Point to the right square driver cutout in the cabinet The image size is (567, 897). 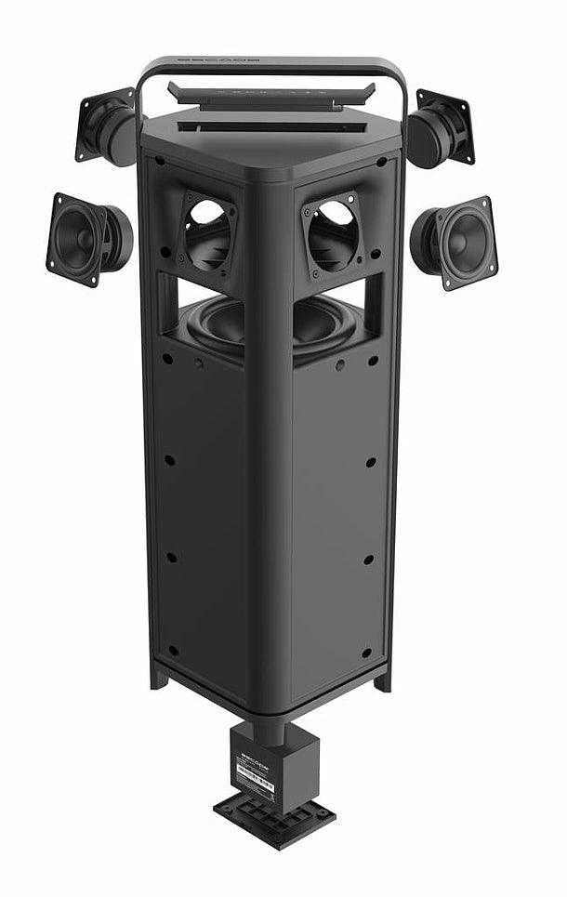(332, 233)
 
